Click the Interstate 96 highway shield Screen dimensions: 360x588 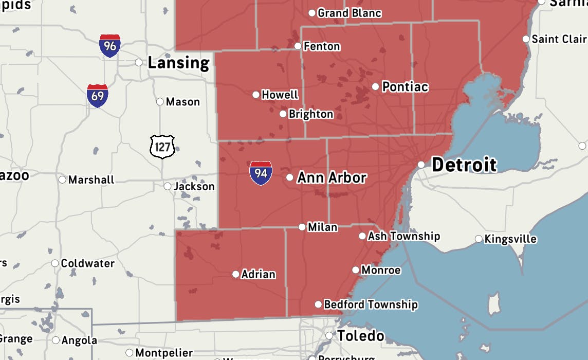click(110, 46)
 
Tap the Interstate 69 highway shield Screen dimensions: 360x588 click(97, 96)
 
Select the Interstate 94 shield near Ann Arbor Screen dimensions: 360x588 click(261, 173)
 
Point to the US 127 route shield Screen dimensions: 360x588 click(162, 147)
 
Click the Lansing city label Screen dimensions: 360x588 click(178, 63)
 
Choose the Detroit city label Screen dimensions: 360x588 click(464, 165)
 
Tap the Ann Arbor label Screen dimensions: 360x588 click(332, 178)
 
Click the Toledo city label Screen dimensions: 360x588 click(360, 336)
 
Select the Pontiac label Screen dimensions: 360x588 click(405, 87)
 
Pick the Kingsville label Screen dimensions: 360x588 click(510, 239)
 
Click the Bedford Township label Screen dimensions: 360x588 click(371, 305)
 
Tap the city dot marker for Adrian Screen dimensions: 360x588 click(236, 274)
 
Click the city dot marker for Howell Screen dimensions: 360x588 click(256, 95)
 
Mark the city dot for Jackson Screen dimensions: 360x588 click(168, 186)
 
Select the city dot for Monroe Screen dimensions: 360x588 click(356, 270)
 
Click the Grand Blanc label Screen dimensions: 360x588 click(350, 13)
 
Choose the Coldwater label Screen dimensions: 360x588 click(87, 263)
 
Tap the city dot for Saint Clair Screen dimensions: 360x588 click(526, 39)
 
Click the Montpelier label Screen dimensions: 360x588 click(164, 353)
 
